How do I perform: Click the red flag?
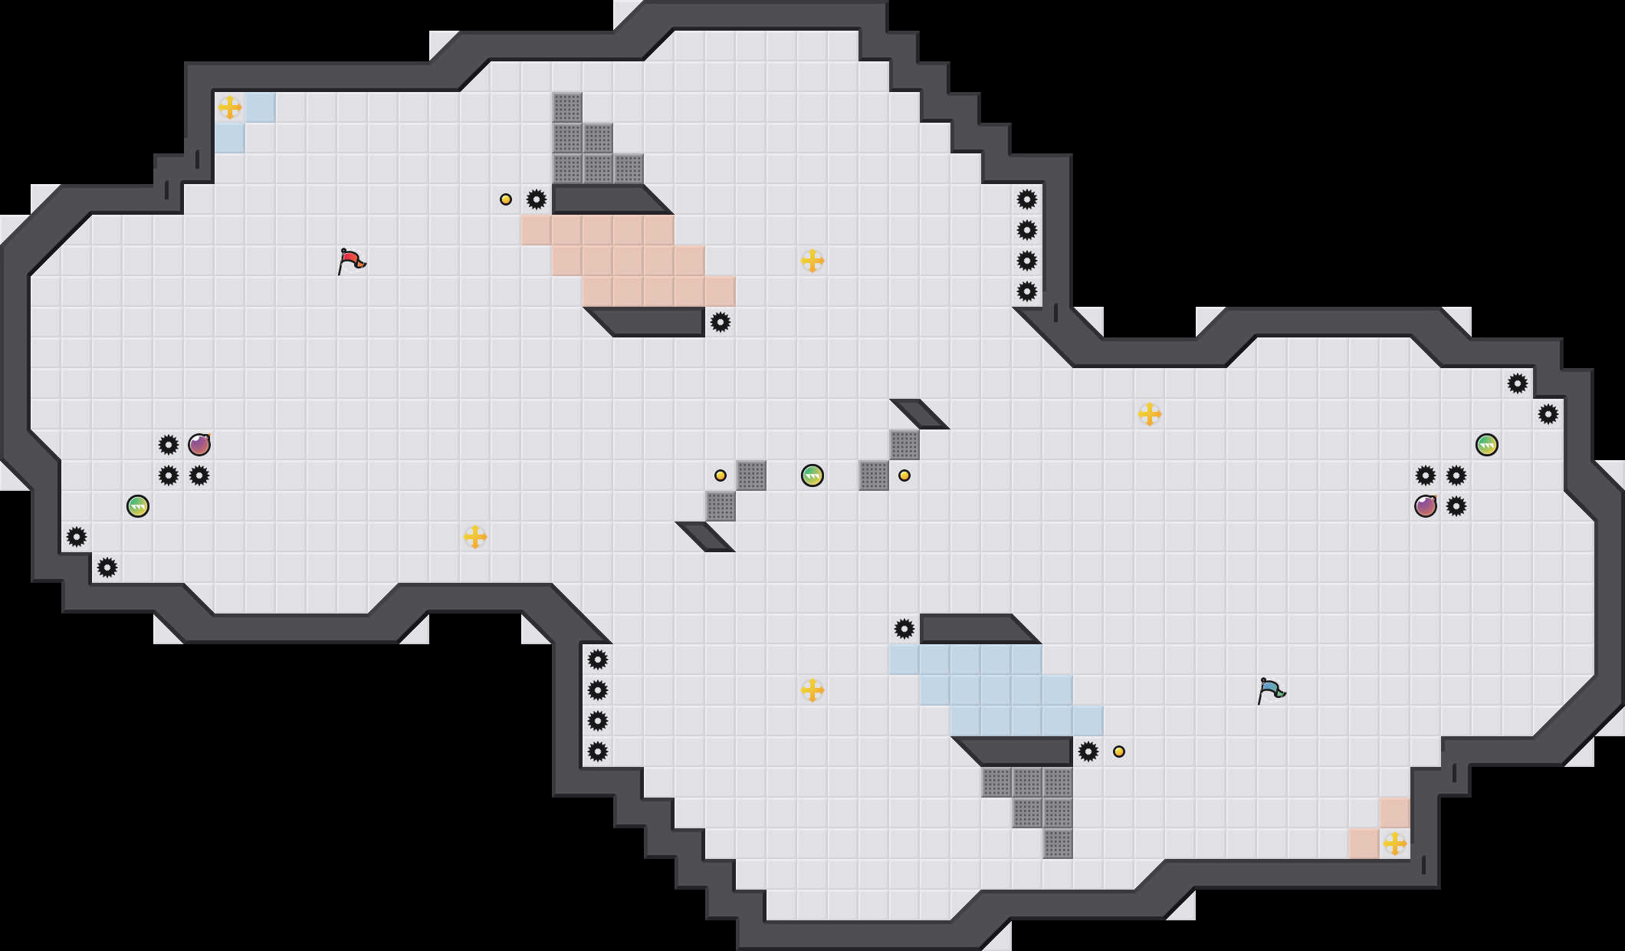click(x=351, y=261)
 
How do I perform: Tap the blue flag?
click(x=1271, y=690)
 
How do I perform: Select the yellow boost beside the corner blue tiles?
click(x=230, y=107)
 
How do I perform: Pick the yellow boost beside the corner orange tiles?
click(x=1395, y=844)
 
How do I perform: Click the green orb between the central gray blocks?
click(x=812, y=475)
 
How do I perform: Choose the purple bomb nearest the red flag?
click(x=199, y=445)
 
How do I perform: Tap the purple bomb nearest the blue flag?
click(x=1426, y=506)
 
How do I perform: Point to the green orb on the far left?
click(x=138, y=506)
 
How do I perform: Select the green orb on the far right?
click(x=1487, y=445)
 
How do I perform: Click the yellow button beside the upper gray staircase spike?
click(x=506, y=199)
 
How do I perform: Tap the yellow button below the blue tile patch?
click(x=1119, y=752)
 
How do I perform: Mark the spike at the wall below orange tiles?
click(x=721, y=322)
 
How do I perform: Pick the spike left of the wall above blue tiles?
click(x=904, y=629)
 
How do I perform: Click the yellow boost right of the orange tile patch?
click(x=812, y=261)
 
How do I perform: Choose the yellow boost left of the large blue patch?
click(x=812, y=690)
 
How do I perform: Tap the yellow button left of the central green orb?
click(x=721, y=475)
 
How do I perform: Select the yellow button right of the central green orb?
click(x=904, y=475)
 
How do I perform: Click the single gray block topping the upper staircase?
click(x=567, y=107)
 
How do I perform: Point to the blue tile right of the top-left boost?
click(x=261, y=107)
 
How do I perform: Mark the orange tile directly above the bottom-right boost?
click(x=1395, y=813)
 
